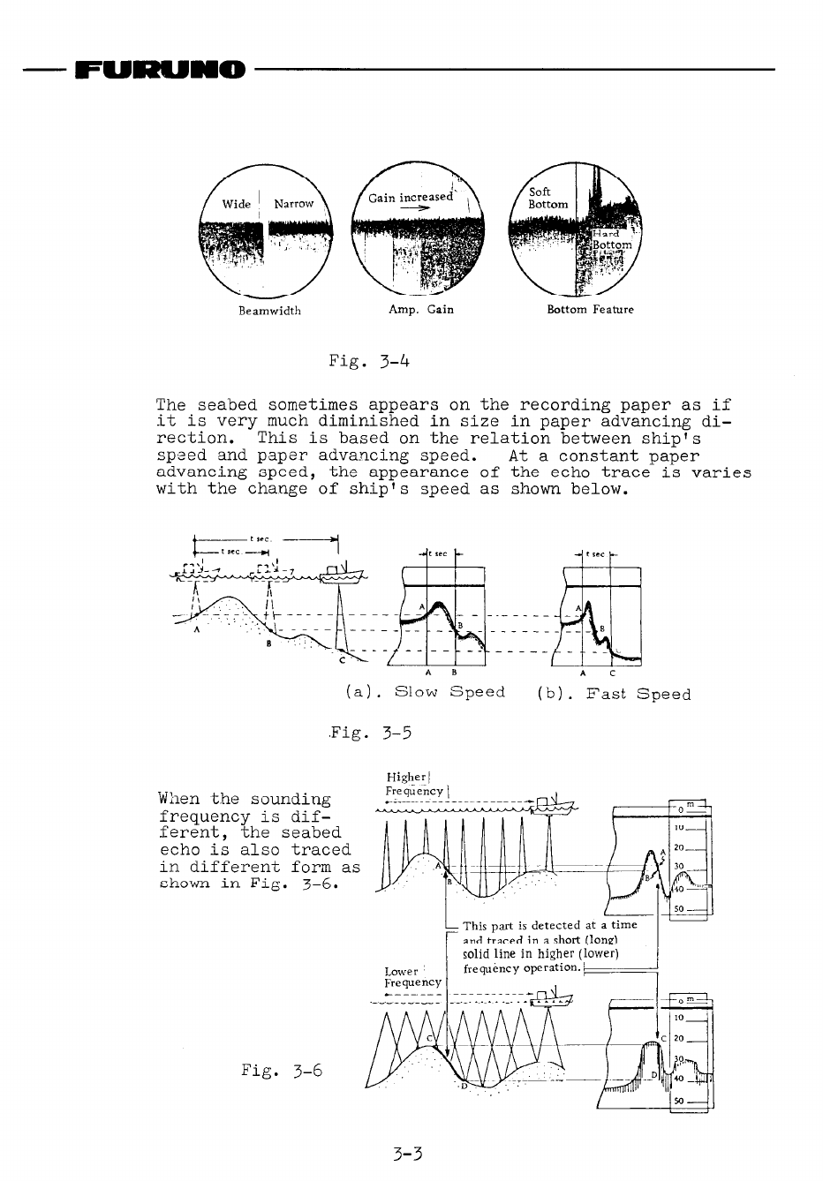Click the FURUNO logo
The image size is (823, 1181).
[160, 69]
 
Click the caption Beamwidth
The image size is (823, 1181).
[269, 311]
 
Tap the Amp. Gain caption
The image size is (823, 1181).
[421, 310]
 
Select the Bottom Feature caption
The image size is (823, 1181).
[590, 310]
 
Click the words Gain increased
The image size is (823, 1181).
[411, 198]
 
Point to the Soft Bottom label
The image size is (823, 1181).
[547, 198]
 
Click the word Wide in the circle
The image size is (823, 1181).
[237, 204]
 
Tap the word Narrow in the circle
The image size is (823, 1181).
[294, 204]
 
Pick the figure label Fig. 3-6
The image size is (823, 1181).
[282, 1071]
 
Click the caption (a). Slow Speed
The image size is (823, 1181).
[426, 693]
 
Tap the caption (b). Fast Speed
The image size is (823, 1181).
[614, 694]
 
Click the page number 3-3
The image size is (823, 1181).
[410, 1153]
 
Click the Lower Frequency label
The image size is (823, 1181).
[412, 976]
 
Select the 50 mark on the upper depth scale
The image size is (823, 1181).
[679, 908]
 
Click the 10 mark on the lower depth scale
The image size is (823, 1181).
[679, 1018]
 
